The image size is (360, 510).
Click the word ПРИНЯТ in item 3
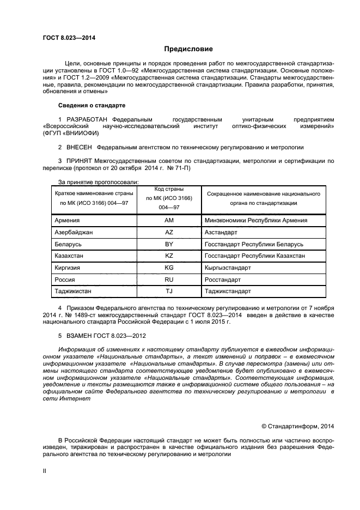pos(80,161)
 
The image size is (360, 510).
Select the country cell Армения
pos(68,220)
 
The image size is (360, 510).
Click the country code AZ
pos(169,232)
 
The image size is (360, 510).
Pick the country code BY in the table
pos(169,244)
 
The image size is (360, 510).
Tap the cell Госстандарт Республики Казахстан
pos(254,256)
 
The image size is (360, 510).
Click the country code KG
pos(169,268)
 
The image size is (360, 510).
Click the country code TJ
pos(169,291)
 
